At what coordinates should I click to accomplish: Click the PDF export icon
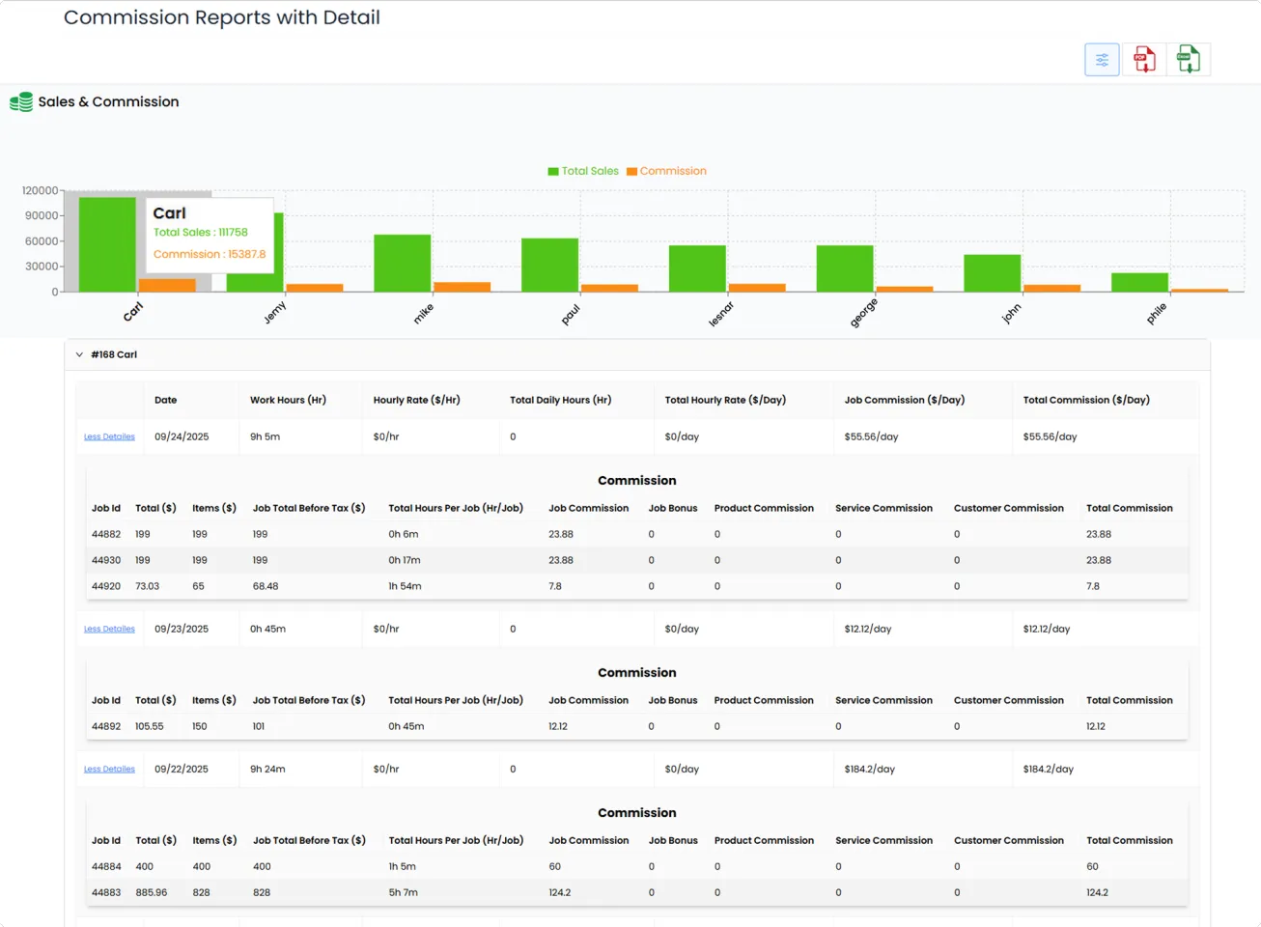1144,60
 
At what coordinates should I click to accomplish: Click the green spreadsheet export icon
1188,60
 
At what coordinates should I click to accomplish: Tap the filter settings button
1102,60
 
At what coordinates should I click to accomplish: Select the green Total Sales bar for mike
402,263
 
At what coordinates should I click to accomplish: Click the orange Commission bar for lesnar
757,287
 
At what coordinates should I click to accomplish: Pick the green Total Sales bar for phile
1139,282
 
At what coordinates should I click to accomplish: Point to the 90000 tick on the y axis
42,216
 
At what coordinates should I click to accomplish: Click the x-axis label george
863,313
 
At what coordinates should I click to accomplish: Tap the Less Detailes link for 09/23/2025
109,629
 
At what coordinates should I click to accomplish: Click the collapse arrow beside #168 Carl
79,354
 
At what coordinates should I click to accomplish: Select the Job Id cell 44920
106,586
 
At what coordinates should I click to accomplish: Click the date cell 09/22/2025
182,770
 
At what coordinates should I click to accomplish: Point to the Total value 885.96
152,892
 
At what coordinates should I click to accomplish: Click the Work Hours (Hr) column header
288,400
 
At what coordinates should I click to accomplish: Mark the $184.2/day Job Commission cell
869,770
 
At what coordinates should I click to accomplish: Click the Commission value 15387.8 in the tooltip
209,254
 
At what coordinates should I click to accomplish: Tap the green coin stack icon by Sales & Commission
21,102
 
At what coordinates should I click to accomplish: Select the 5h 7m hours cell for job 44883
403,892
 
